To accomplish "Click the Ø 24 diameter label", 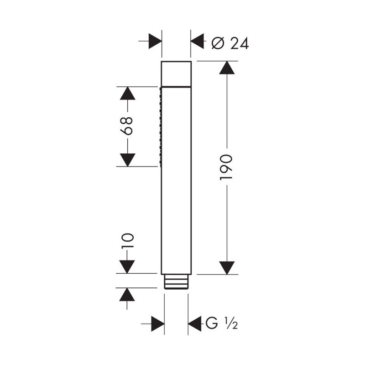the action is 230,43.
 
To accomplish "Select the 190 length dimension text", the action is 226,167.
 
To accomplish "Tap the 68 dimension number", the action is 127,126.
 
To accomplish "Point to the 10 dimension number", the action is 127,241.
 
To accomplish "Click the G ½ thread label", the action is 221,323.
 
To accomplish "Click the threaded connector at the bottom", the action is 176,282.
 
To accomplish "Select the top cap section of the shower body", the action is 176,74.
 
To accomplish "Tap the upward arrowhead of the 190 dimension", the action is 227,68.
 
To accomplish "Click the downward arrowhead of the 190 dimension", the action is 227,268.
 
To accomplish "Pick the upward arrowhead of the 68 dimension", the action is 128,94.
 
